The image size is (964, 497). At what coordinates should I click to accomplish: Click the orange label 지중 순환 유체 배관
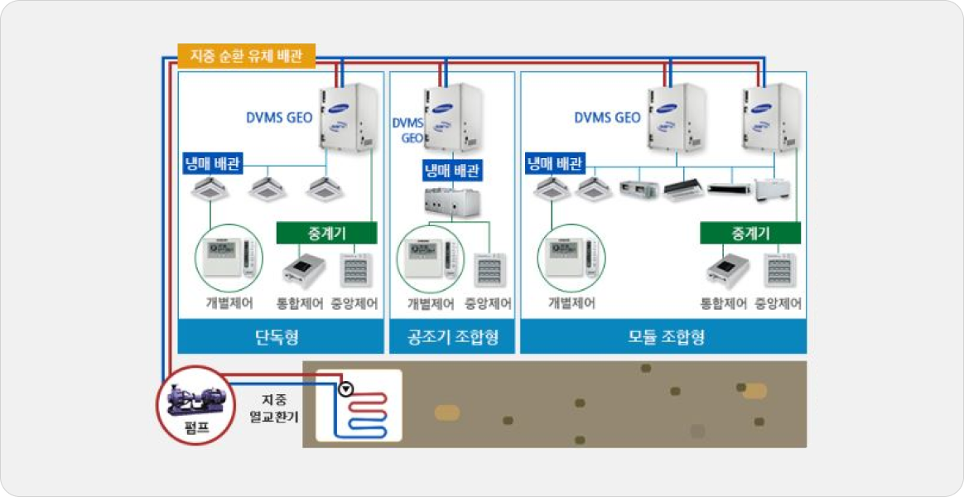[x=246, y=56]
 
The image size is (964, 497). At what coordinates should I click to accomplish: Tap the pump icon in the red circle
[x=195, y=399]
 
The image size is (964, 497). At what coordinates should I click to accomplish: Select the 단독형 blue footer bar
[x=281, y=338]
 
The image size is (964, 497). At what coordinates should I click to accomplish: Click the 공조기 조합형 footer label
[x=452, y=338]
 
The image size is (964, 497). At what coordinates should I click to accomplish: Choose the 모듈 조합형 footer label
[x=663, y=338]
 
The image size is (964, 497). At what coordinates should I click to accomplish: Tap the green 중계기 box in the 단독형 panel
[x=326, y=232]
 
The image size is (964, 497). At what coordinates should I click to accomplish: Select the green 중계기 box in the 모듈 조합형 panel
[x=750, y=234]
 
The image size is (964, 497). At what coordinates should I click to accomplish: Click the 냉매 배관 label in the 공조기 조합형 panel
[x=453, y=171]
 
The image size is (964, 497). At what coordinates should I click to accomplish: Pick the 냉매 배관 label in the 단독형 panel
[x=212, y=164]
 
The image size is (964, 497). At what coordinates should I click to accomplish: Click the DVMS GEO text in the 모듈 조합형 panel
[x=607, y=118]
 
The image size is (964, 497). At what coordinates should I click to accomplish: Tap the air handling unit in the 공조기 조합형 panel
[x=453, y=201]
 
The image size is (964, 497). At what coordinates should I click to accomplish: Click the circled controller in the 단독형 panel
[x=229, y=258]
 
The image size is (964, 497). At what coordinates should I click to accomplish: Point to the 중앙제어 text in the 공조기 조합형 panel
[x=489, y=304]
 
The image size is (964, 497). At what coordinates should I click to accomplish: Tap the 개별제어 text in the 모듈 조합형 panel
[x=571, y=304]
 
